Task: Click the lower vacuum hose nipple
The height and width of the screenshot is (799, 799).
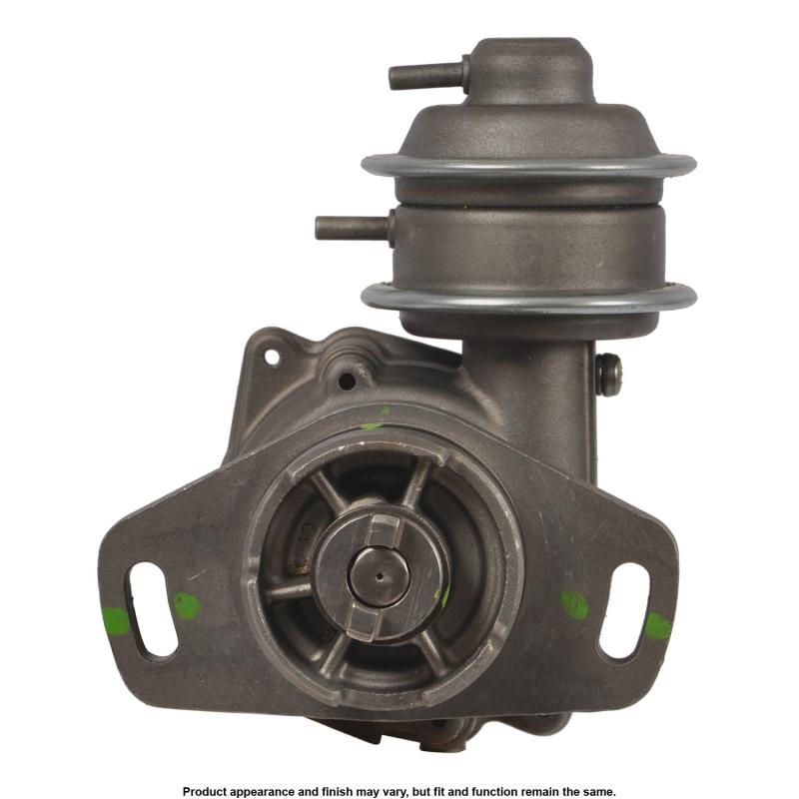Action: pos(355,228)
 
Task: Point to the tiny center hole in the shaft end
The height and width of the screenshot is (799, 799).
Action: pos(381,577)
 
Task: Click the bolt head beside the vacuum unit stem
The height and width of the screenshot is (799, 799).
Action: pos(608,375)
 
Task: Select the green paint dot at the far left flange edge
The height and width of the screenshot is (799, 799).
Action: pos(115,621)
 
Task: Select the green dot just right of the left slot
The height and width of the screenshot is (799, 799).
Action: pos(188,606)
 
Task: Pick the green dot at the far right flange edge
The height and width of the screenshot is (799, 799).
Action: pos(658,626)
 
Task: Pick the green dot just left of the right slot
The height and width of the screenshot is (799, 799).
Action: pos(575,605)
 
